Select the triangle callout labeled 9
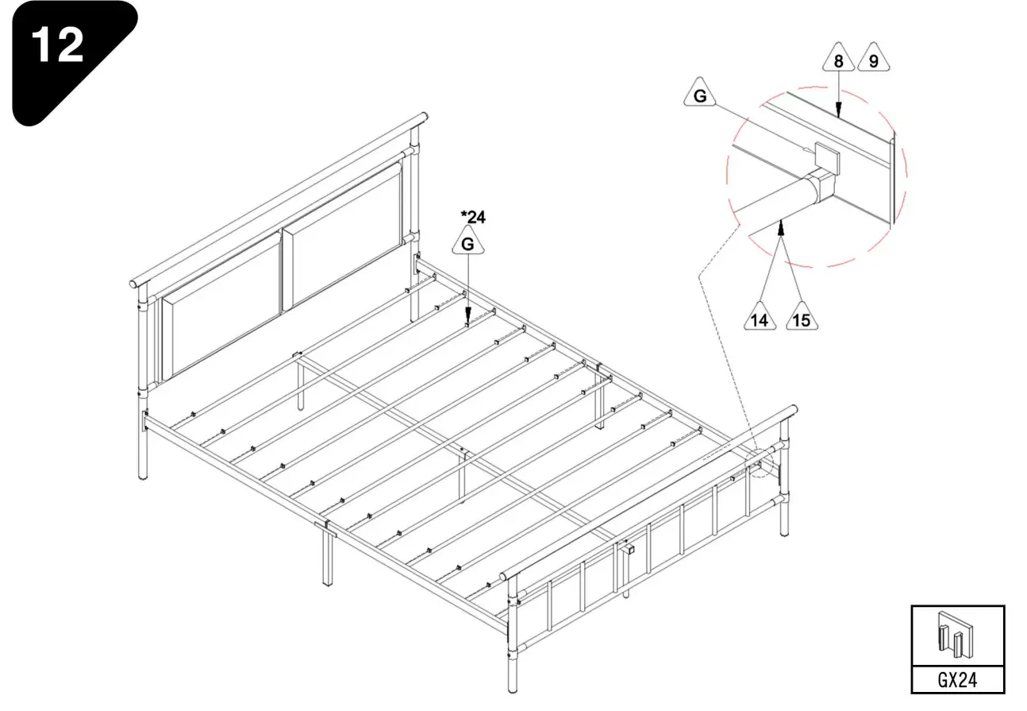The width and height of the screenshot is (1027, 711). click(x=873, y=60)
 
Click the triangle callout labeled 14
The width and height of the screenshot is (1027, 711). click(x=760, y=319)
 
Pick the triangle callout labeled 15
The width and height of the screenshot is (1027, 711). click(x=802, y=319)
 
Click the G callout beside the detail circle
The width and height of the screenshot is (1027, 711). click(x=700, y=95)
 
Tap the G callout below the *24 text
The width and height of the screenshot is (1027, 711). click(x=468, y=243)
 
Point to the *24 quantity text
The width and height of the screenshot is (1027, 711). click(x=473, y=215)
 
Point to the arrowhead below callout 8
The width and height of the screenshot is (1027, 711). click(x=839, y=113)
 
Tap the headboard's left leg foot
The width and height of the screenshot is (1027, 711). click(x=143, y=473)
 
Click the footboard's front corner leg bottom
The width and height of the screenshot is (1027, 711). click(x=512, y=686)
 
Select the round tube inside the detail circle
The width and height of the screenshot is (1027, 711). click(x=774, y=199)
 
